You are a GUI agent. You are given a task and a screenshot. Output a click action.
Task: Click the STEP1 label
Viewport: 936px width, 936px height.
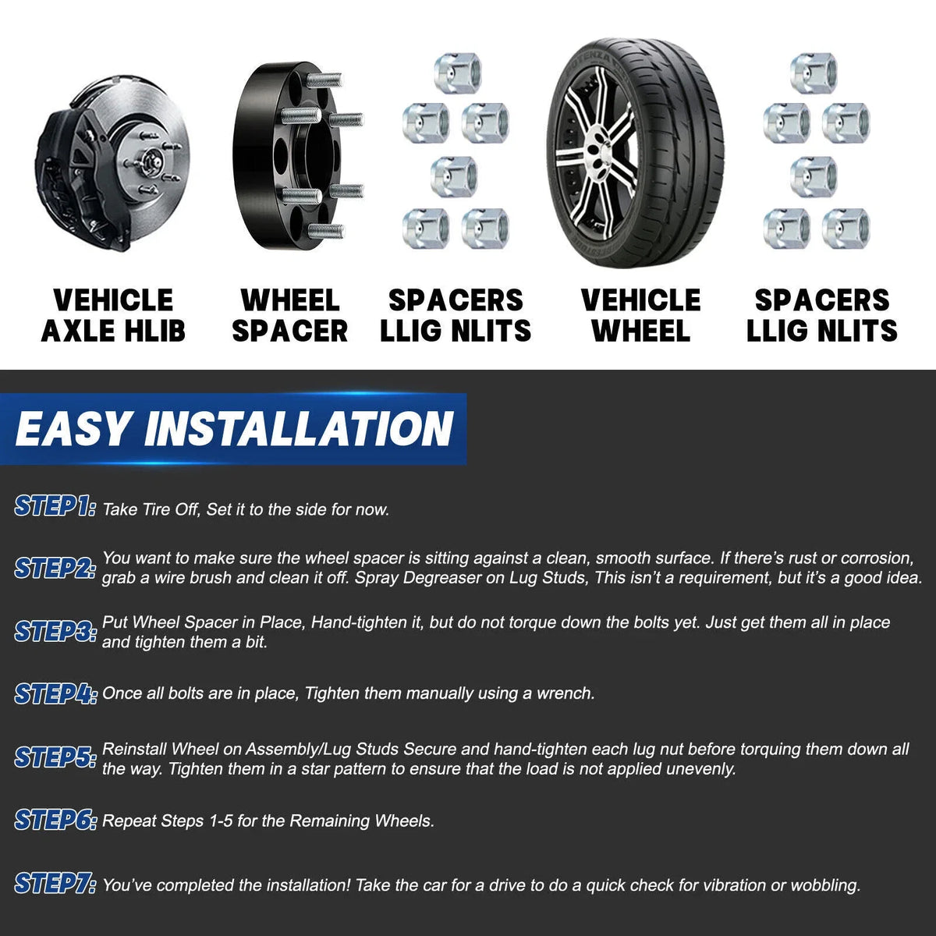(x=55, y=507)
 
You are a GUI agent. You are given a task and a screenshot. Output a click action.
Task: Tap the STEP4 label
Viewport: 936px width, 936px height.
(x=55, y=693)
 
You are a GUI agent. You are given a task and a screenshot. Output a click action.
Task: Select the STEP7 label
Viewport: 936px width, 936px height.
(x=55, y=883)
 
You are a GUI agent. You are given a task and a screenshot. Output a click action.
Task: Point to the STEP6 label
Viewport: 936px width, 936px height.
(x=55, y=820)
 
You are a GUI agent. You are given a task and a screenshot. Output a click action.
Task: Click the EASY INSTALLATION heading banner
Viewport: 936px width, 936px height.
(x=233, y=429)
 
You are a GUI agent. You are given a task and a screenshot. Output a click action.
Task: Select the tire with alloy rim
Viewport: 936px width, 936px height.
(x=636, y=153)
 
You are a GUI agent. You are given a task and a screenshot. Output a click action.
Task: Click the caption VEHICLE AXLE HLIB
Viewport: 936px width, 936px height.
(x=113, y=315)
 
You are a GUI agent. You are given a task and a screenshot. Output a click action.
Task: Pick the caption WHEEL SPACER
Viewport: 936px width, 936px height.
(x=290, y=315)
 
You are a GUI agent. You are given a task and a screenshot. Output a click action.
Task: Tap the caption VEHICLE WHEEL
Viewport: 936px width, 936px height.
(x=640, y=315)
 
